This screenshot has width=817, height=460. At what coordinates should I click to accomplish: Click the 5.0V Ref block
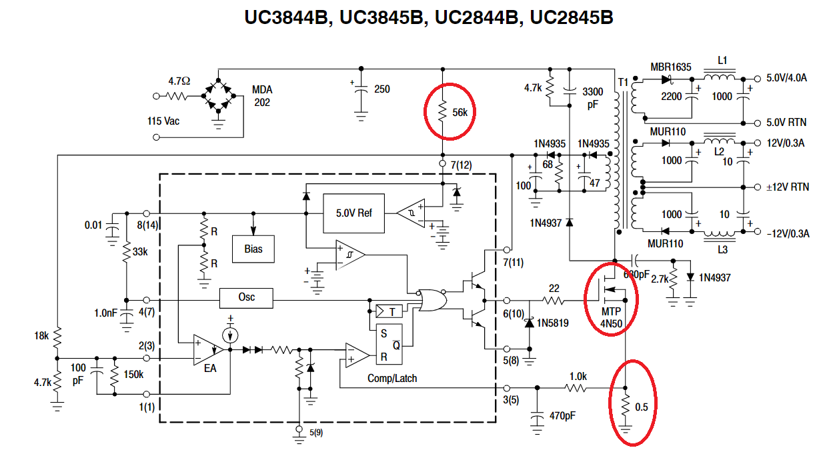pos(353,213)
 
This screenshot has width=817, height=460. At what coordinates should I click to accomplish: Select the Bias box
pos(253,249)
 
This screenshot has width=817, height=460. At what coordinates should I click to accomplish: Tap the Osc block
pos(246,298)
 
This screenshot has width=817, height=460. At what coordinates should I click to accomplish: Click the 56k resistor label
pos(460,113)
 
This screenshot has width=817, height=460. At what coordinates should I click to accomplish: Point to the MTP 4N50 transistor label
pos(611,317)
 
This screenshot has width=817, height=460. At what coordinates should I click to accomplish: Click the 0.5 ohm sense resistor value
pos(642,407)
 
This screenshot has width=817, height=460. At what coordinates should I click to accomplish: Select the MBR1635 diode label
pos(671,67)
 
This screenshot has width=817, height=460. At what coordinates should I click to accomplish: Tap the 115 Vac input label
pos(163,121)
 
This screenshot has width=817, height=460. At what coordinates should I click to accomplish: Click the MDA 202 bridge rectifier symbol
pos(218,96)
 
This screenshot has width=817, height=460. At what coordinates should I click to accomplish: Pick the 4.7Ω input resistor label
pos(179,81)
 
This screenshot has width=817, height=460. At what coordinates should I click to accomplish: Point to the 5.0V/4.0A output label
pos(786,78)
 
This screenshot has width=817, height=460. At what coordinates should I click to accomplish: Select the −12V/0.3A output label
pos(788,233)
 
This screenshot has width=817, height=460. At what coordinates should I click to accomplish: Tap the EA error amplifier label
pos(210,369)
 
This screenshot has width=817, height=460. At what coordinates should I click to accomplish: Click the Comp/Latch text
pos(392,379)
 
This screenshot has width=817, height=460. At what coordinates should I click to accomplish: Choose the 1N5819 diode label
pos(553,323)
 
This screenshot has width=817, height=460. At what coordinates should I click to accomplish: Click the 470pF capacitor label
pos(562,416)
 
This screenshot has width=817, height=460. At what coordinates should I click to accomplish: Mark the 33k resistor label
pos(140,252)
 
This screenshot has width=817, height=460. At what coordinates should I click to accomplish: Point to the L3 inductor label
pos(722,250)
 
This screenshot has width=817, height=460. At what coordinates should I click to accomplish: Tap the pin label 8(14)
pos(147,225)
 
